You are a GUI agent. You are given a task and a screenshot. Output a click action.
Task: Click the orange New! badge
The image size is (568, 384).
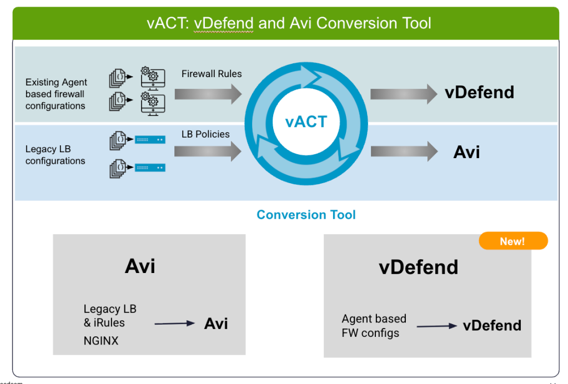[x=513, y=241]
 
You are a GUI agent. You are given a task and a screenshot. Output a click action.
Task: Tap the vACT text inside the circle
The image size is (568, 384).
[x=306, y=122]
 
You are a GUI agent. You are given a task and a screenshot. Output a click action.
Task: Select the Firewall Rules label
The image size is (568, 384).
[x=212, y=74]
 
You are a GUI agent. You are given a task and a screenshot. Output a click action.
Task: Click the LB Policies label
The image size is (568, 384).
[x=205, y=134]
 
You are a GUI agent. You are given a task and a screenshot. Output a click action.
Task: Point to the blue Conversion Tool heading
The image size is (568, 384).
[x=306, y=215]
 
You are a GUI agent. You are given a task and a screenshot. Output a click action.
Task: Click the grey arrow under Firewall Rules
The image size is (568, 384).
[x=208, y=94]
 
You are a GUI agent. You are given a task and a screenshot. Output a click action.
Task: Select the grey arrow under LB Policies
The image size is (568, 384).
[x=208, y=151]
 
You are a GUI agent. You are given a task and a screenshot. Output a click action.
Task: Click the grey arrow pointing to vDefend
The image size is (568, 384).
[x=404, y=94]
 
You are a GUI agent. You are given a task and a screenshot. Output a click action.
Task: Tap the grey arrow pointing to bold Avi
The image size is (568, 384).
[x=404, y=151]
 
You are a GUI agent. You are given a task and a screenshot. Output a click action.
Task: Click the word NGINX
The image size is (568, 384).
[x=101, y=341]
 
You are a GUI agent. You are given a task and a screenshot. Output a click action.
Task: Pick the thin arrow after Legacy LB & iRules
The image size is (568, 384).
[x=174, y=324]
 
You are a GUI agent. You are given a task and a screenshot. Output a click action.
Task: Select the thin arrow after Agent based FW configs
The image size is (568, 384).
[x=437, y=326]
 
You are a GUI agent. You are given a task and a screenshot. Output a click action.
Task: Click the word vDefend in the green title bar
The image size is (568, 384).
[x=224, y=23]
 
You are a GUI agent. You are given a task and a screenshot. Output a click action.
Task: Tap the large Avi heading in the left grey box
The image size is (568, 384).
[x=140, y=266]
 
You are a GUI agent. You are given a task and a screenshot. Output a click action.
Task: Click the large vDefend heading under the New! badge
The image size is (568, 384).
[x=419, y=267]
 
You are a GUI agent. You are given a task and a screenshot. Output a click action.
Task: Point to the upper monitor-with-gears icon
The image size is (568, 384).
[x=153, y=78]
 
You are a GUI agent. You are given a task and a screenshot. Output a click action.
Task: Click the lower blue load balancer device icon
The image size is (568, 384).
[x=150, y=168]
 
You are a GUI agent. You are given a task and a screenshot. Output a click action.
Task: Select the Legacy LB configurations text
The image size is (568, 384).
[x=56, y=155]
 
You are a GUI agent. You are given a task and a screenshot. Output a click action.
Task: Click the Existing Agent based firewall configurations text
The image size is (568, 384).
[x=56, y=94]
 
